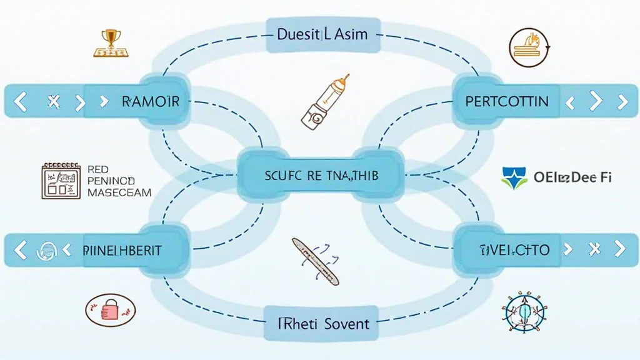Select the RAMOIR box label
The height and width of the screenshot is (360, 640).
pyautogui.click(x=150, y=101)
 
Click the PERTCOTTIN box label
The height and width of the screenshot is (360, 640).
pyautogui.click(x=507, y=101)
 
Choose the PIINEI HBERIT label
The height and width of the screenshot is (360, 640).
pyautogui.click(x=122, y=250)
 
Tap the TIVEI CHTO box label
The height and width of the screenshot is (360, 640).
pyautogui.click(x=515, y=250)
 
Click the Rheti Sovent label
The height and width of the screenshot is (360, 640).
pyautogui.click(x=323, y=323)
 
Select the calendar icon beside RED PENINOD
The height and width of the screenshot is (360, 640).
pyautogui.click(x=61, y=181)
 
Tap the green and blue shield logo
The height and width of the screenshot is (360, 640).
pyautogui.click(x=514, y=177)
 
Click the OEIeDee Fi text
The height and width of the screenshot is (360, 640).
pyautogui.click(x=572, y=177)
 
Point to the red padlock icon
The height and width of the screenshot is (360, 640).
pyautogui.click(x=110, y=309)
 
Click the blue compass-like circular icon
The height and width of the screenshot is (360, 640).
pyautogui.click(x=524, y=311)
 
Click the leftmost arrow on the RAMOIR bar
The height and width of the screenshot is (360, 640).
pyautogui.click(x=20, y=101)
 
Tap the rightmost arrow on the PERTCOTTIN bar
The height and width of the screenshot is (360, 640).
pyautogui.click(x=622, y=101)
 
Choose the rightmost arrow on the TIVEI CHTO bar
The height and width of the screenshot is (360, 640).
pyautogui.click(x=619, y=249)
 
